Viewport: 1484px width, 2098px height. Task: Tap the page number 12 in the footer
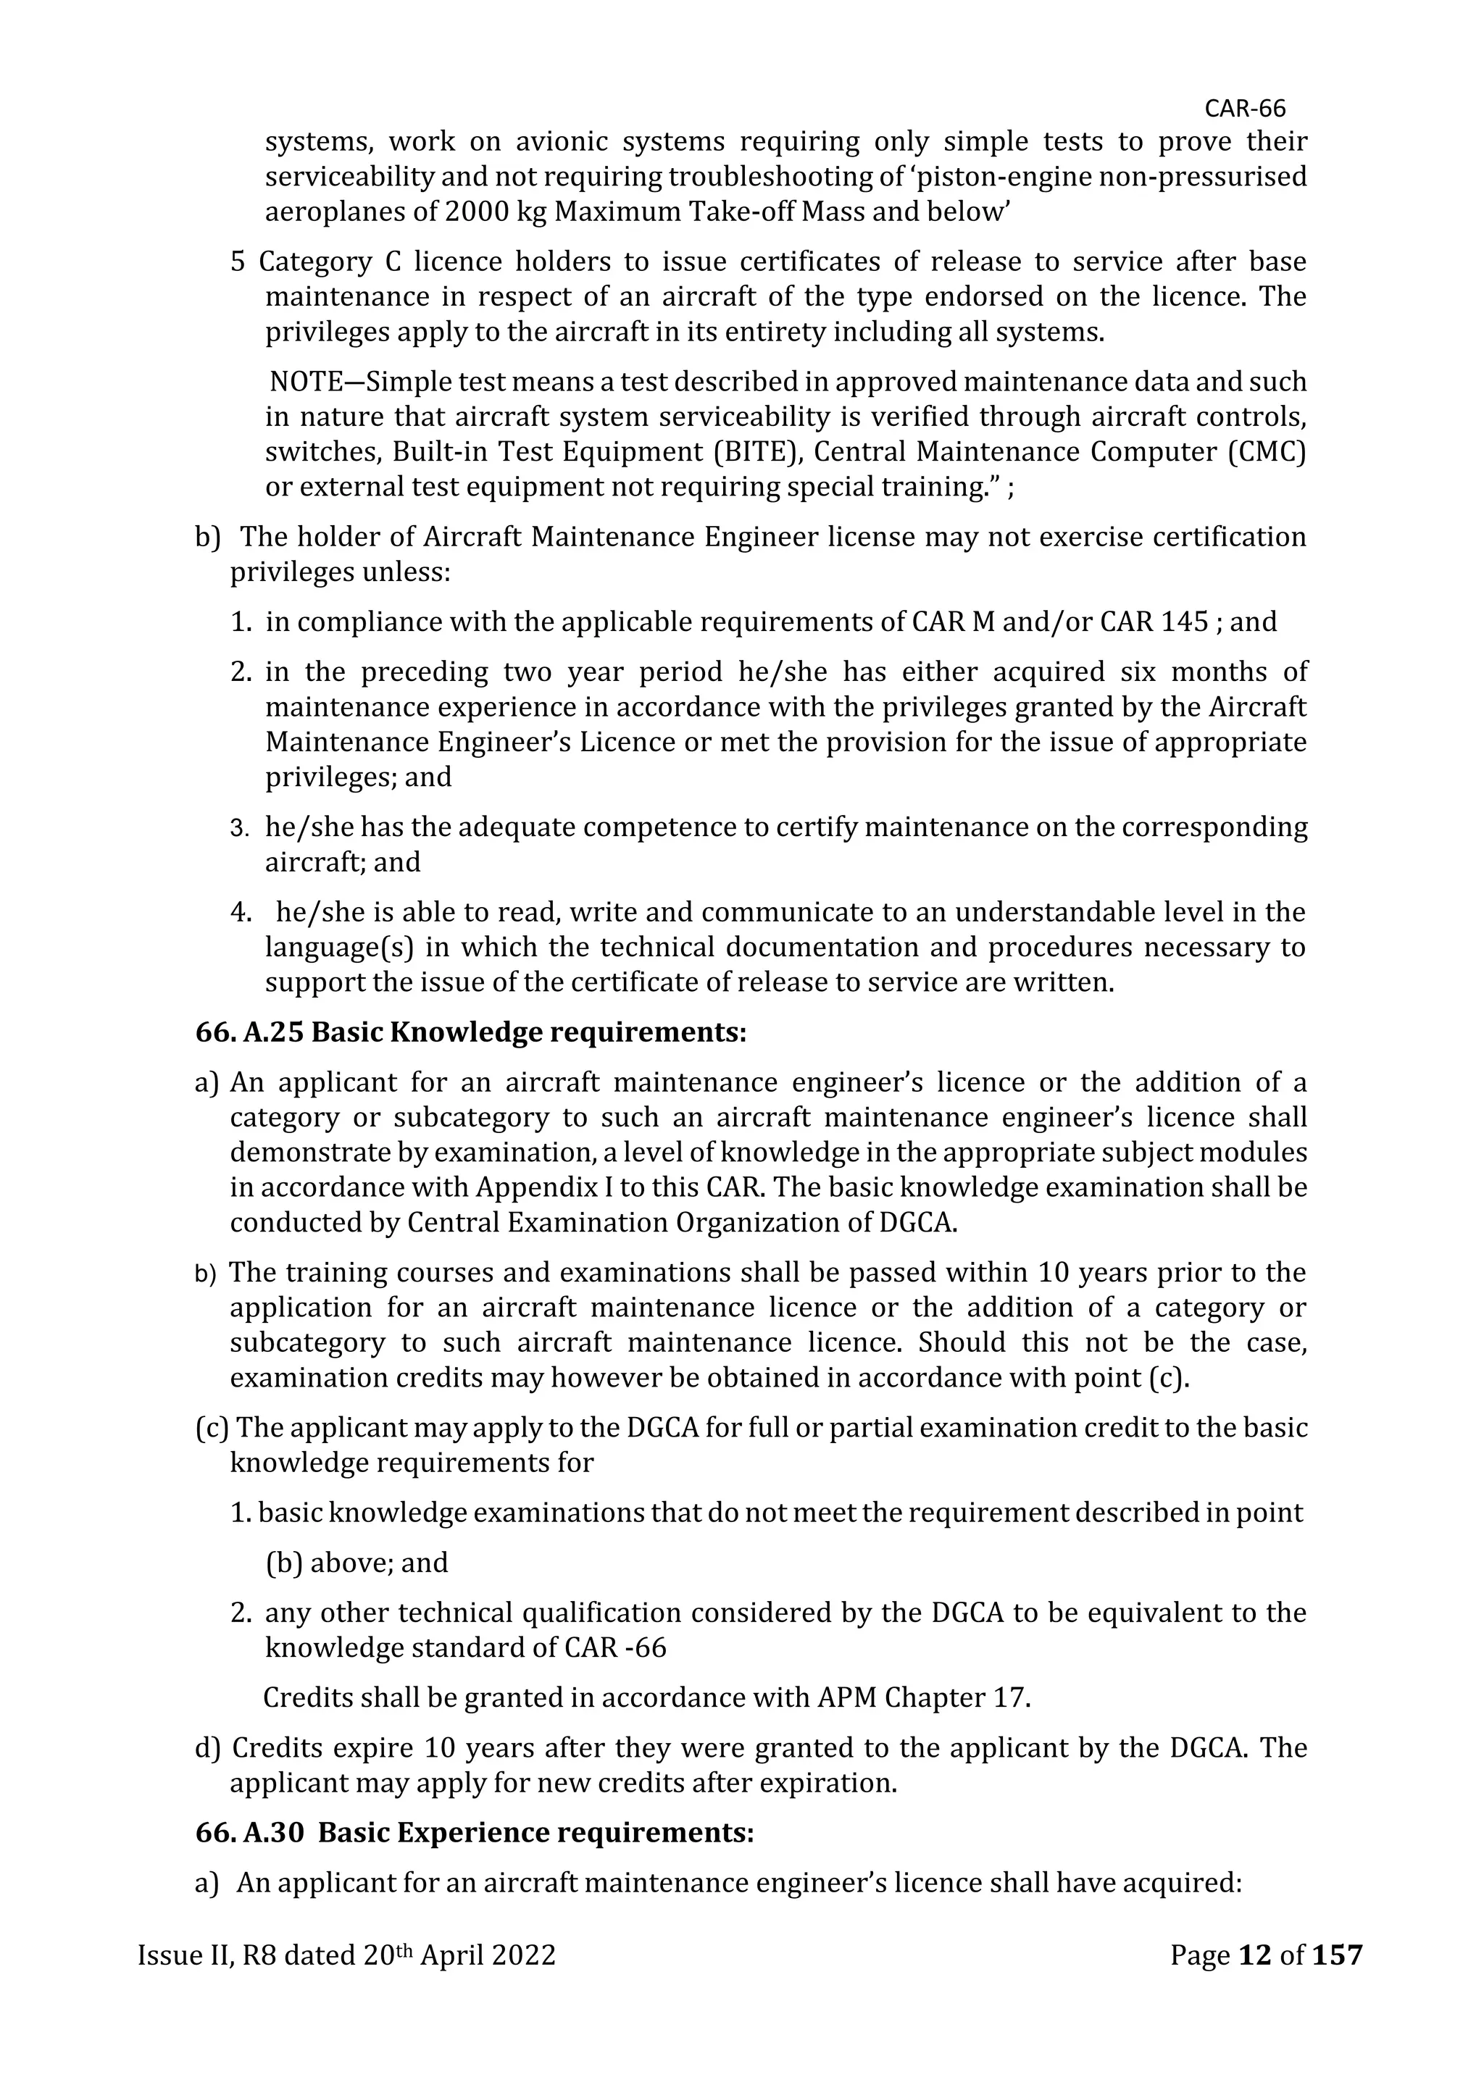click(x=1254, y=1955)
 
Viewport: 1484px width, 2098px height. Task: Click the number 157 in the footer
click(x=1338, y=1955)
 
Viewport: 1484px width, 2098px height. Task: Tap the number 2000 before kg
click(x=478, y=212)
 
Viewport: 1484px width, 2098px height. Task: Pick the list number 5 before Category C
click(x=238, y=262)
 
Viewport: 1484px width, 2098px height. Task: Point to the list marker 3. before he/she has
click(x=239, y=828)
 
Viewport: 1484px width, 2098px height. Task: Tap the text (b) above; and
click(x=357, y=1563)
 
